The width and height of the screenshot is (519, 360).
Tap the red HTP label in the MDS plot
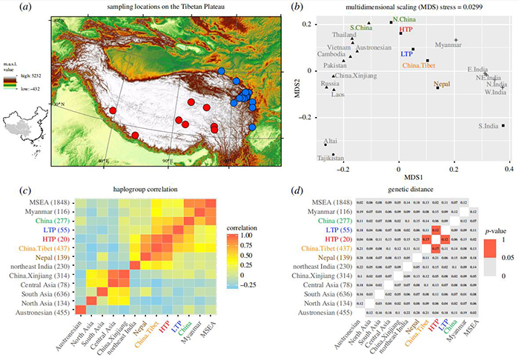tap(406, 25)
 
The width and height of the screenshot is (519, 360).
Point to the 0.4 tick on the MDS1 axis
tap(508, 170)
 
